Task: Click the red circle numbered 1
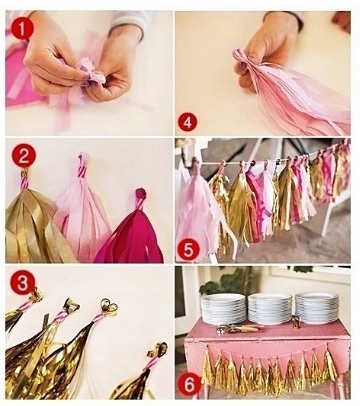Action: coord(22,28)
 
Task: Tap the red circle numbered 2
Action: coord(24,155)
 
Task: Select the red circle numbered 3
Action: coord(23,282)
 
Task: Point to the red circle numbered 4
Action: coord(188,122)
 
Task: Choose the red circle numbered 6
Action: coord(189,385)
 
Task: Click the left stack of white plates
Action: coord(223,308)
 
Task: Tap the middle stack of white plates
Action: coord(270,308)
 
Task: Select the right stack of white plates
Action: coord(317,307)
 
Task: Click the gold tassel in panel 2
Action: coord(33,223)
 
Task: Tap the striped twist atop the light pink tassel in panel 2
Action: coord(83,168)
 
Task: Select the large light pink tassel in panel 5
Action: coord(197,213)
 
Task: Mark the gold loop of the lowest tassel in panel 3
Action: coord(157,350)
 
